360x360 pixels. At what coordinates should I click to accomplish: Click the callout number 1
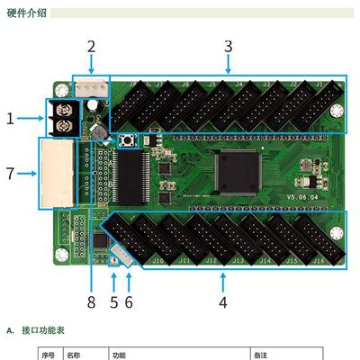tap(11, 118)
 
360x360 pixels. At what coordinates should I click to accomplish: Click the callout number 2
tap(91, 46)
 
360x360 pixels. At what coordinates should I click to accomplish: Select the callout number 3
tap(228, 46)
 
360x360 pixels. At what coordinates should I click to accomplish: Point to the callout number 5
tap(113, 301)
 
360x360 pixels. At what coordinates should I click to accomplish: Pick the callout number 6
tap(129, 301)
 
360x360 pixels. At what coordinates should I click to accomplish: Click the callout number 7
tap(11, 173)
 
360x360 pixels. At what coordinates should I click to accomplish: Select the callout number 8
tap(91, 301)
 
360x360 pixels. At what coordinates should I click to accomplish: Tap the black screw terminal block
tap(64, 118)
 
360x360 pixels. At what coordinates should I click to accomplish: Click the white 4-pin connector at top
tap(90, 87)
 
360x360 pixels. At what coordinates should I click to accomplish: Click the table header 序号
tap(49, 355)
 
